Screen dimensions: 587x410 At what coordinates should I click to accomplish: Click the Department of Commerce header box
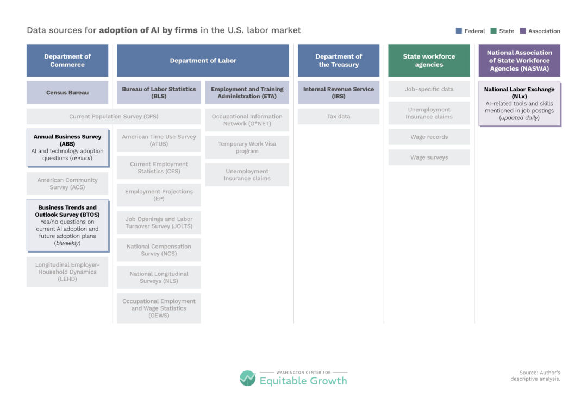67,60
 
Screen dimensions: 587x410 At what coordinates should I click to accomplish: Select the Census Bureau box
67,92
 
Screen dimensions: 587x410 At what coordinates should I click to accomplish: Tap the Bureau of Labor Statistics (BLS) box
159,92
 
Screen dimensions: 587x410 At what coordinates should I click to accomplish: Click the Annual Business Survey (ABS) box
68,148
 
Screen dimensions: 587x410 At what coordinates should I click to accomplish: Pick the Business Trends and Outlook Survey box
68,225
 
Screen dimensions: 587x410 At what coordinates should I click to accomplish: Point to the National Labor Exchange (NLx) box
520,104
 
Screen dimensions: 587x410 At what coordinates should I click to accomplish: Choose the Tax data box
339,116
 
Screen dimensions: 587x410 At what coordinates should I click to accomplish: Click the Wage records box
429,137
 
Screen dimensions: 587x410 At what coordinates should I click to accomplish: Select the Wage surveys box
429,157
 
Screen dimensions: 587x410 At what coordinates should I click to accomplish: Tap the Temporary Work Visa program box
247,147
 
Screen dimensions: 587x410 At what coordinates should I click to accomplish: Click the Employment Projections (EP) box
159,195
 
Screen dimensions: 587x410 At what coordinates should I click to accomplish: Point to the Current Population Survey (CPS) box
114,116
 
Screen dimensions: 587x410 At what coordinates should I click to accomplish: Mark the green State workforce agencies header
429,60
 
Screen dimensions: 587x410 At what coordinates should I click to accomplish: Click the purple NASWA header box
520,60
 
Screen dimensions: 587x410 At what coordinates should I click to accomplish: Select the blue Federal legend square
459,31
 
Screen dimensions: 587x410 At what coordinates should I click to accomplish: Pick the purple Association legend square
523,31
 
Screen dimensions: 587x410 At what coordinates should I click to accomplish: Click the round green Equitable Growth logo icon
247,378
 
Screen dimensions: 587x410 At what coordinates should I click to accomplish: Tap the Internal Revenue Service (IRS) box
339,92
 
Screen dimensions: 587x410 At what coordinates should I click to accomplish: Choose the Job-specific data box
429,89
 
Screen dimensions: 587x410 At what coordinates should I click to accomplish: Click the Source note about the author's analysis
535,376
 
